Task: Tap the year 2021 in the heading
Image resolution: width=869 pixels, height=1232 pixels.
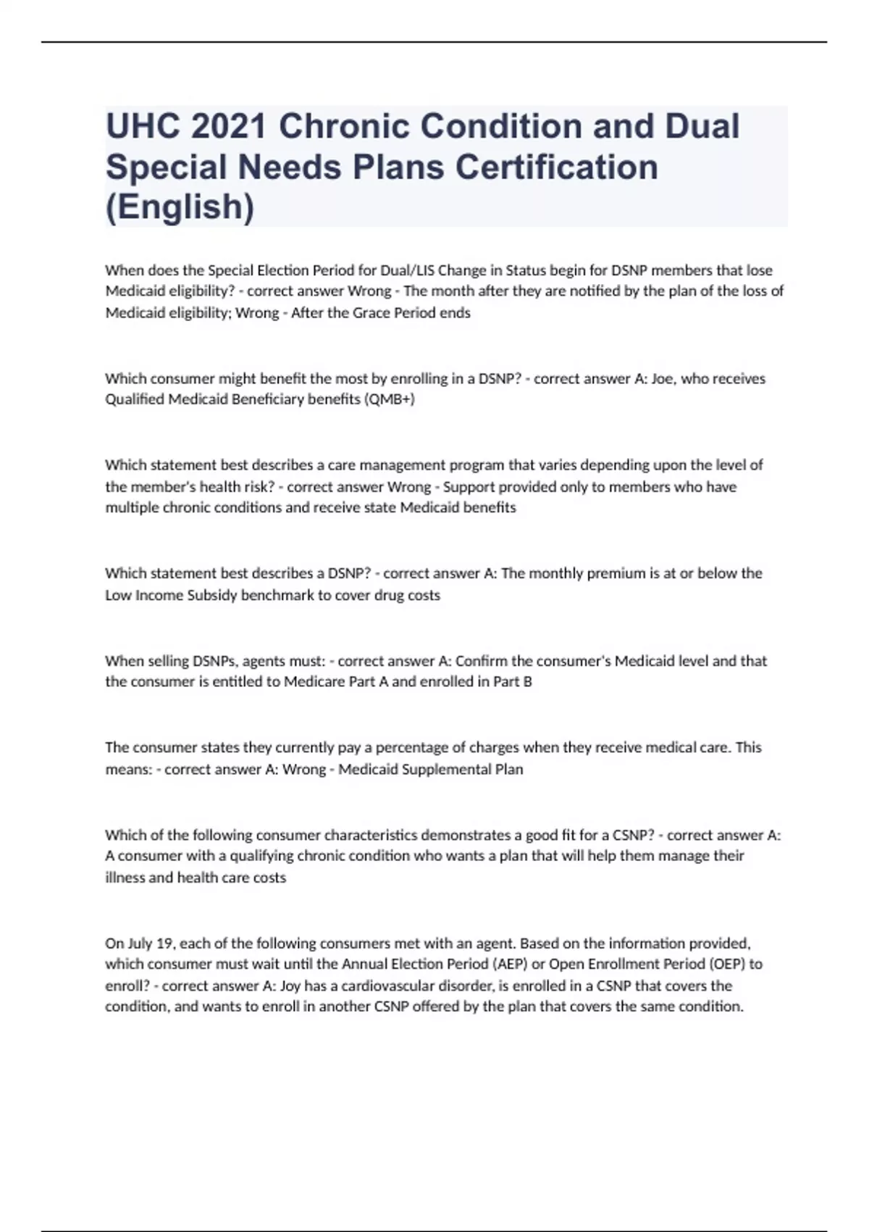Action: (x=229, y=127)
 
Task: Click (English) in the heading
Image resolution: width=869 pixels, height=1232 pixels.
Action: (x=180, y=207)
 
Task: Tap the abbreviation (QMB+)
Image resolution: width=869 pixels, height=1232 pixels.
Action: (x=390, y=399)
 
